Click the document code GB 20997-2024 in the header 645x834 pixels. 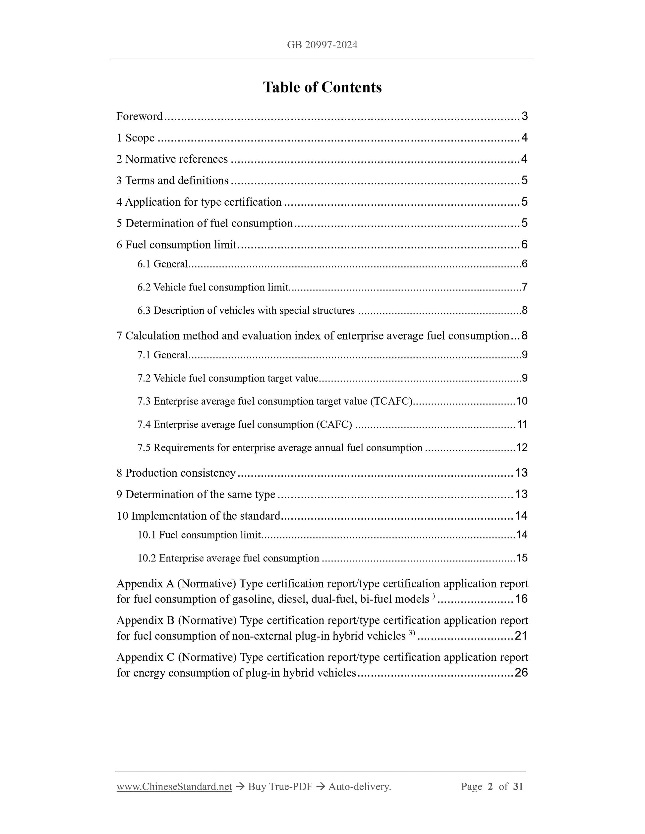pos(322,45)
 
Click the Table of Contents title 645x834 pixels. pos(322,87)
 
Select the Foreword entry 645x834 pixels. pos(140,116)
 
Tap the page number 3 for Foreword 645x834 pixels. pos(524,116)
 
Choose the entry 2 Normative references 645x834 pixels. pos(172,159)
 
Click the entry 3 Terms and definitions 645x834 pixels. pos(172,180)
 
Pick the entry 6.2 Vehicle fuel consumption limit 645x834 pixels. pos(213,287)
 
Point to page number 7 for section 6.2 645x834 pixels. pos(524,287)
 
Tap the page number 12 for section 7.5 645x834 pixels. pos(522,447)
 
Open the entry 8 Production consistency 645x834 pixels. pos(176,473)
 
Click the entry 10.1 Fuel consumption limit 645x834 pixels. pos(199,535)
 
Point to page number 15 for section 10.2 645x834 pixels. pos(522,558)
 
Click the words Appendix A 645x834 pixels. pos(145,584)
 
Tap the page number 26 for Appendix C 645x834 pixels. pos(521,673)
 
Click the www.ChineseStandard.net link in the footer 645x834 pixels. pos(174,787)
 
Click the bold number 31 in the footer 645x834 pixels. pos(518,787)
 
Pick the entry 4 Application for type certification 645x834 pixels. pos(199,202)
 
